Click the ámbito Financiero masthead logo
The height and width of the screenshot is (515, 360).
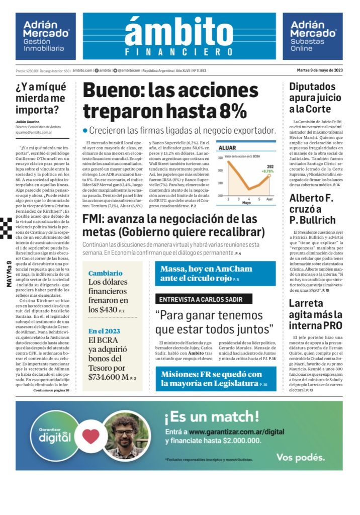click(179, 36)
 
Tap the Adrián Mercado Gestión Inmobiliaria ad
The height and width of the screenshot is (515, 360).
click(46, 37)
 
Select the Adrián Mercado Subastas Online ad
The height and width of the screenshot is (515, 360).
click(313, 37)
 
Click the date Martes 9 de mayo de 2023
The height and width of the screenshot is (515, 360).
click(320, 70)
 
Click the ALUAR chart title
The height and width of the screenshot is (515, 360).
click(229, 148)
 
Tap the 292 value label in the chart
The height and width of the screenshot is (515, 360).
click(270, 166)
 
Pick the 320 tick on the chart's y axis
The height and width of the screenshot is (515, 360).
click(220, 158)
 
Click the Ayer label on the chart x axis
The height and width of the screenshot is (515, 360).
click(269, 200)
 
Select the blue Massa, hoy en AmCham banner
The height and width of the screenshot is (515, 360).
click(215, 274)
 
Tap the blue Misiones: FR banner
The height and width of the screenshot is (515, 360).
click(215, 378)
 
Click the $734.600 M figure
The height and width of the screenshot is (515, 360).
click(109, 377)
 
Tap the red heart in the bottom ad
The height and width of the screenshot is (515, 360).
click(91, 436)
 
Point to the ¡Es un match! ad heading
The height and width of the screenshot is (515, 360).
click(212, 416)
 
